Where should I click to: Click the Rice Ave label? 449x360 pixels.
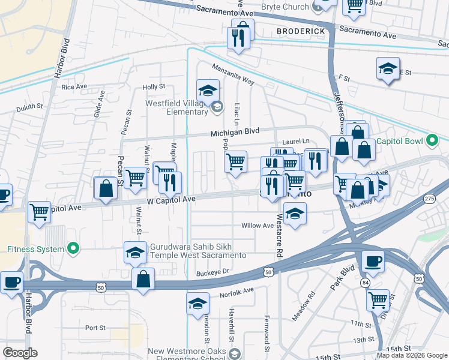(x=74, y=87)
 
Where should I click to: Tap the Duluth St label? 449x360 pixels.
(x=30, y=107)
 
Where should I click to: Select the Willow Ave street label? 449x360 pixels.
(x=257, y=226)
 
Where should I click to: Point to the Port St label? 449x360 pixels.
(x=95, y=328)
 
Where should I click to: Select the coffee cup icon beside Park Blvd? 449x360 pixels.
(x=373, y=262)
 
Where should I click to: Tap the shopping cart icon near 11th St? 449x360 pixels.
(x=378, y=300)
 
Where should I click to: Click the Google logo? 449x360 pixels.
(x=20, y=353)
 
